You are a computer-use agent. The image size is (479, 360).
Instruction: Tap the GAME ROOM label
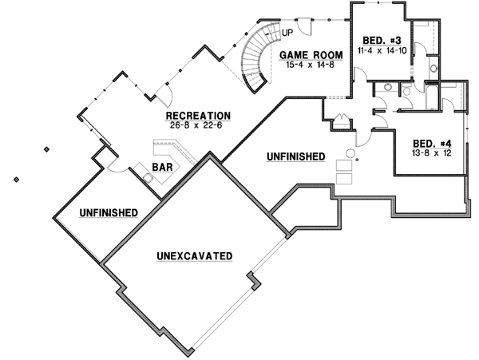311,55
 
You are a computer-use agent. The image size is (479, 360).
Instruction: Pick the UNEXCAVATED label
195,256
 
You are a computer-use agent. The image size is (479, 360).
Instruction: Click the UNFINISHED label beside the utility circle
295,156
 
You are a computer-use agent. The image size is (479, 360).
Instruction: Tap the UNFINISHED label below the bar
108,212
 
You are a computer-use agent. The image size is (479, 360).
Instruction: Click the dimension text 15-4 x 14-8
311,65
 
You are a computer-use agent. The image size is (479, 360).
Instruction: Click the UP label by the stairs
285,32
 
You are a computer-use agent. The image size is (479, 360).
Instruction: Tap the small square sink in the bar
148,178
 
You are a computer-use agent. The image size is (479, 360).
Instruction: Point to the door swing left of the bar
114,165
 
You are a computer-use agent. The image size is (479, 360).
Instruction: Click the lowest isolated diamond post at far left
15,180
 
